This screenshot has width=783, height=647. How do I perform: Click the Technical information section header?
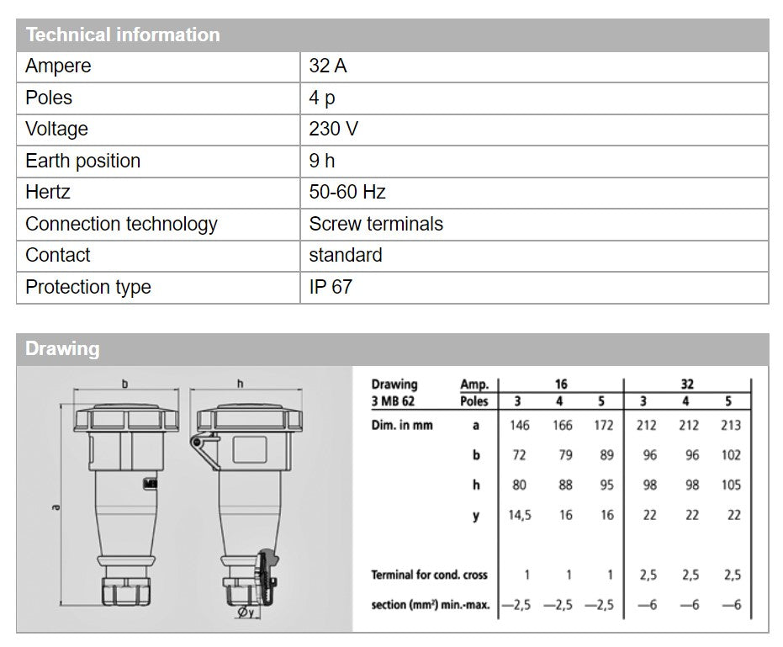[x=123, y=35]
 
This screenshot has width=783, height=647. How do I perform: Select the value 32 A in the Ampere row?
[x=327, y=66]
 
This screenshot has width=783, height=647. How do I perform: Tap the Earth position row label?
[x=82, y=161]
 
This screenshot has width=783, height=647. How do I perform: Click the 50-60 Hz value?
[x=347, y=193]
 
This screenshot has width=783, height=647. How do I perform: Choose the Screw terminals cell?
[x=375, y=224]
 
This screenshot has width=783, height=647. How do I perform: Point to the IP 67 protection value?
[x=330, y=287]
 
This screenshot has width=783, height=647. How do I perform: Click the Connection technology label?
[x=121, y=224]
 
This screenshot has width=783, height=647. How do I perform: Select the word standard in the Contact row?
[x=345, y=256]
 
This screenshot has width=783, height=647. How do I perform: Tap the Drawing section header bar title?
[x=62, y=349]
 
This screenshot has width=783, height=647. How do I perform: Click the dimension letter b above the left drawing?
[x=125, y=384]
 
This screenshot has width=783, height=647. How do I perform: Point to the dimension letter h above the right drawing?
[x=240, y=384]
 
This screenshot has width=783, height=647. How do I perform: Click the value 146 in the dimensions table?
[x=520, y=425]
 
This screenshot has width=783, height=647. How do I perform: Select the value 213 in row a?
[x=731, y=425]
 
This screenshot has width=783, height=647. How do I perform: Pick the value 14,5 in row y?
[x=520, y=515]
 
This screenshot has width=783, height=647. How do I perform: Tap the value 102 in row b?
[x=731, y=455]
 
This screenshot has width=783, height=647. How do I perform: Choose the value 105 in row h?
[x=731, y=485]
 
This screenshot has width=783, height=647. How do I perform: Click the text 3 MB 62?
[x=393, y=401]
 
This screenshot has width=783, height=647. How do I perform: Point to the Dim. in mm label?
[x=402, y=425]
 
